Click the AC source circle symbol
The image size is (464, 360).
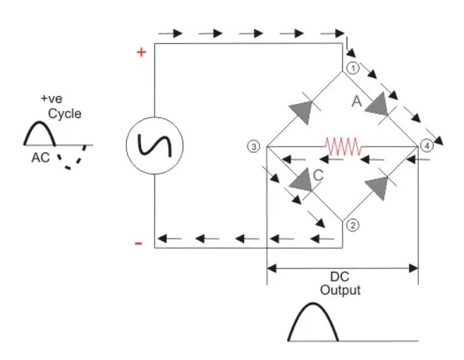[x=154, y=145]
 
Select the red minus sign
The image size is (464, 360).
[x=139, y=243]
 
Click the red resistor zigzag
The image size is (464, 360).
[x=343, y=147]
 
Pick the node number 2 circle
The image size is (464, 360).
[x=353, y=225]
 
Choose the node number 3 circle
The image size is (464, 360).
[x=255, y=146]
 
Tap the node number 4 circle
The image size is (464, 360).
[x=425, y=146]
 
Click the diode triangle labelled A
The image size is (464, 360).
[x=379, y=104]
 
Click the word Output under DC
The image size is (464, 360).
[x=340, y=290]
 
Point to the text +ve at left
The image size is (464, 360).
[x=51, y=100]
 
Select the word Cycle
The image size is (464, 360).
[x=64, y=114]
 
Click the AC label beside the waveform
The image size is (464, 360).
[x=40, y=157]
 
